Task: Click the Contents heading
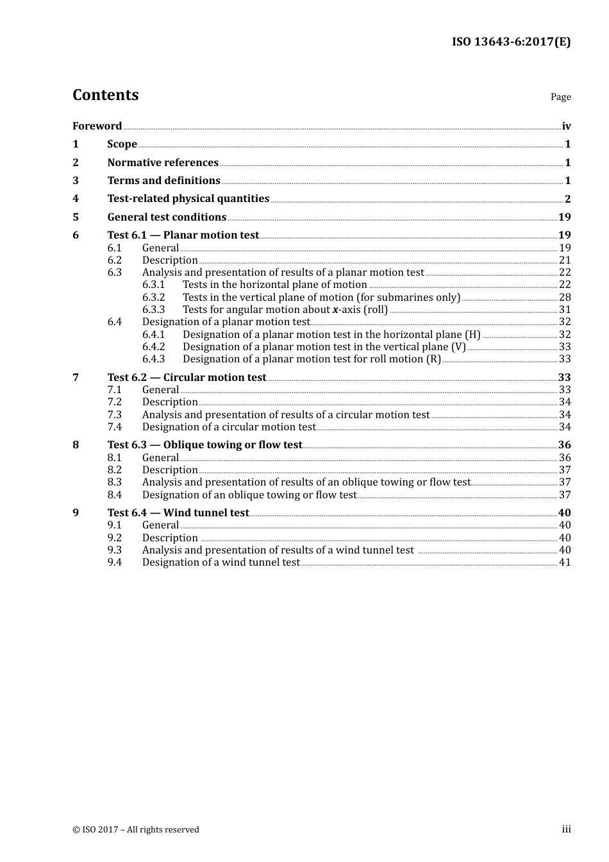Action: point(105,95)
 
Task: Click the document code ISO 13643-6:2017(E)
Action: point(511,42)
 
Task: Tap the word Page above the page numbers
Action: point(560,97)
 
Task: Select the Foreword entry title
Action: point(97,126)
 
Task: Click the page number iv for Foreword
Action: point(566,126)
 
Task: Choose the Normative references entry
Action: point(163,163)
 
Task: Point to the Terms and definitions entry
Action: point(163,181)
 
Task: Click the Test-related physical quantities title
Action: point(188,199)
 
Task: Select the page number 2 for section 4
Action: point(567,199)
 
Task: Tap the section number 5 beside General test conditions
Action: point(76,217)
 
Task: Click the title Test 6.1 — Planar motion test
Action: point(183,235)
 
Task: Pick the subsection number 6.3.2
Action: point(153,298)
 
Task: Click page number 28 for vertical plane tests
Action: point(565,298)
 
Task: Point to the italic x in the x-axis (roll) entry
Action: point(335,310)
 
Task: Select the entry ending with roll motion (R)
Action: point(312,359)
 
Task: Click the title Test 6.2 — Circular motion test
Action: point(187,378)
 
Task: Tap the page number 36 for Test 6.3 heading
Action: point(564,445)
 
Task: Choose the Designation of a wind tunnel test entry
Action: point(221,562)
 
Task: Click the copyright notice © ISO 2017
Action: point(135,829)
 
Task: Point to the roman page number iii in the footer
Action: point(566,829)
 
